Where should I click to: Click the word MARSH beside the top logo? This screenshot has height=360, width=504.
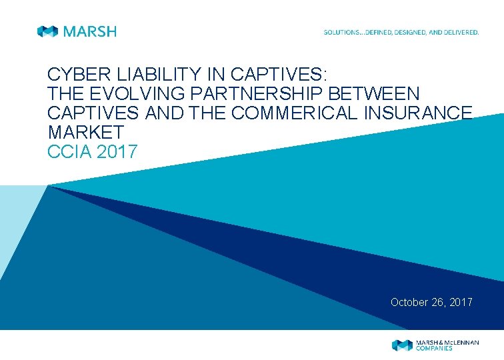(x=89, y=31)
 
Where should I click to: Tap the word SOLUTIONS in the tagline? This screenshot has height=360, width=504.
(x=341, y=32)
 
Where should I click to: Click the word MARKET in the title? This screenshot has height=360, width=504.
(x=86, y=133)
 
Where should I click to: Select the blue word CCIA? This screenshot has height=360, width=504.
(x=70, y=152)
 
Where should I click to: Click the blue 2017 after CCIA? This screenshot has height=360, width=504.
(x=117, y=152)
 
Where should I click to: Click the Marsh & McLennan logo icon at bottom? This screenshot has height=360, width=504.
(x=402, y=345)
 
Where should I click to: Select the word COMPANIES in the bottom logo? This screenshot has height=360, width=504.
(x=434, y=349)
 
